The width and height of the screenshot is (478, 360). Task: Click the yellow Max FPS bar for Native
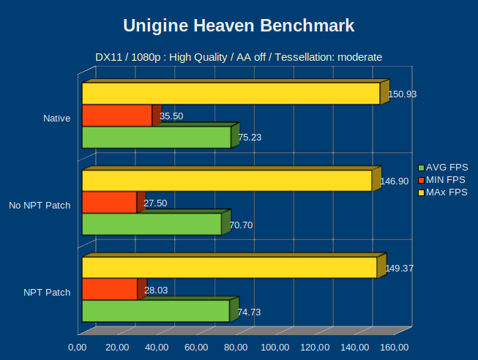pyautogui.click(x=231, y=94)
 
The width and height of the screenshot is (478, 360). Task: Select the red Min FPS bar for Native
pyautogui.click(x=117, y=116)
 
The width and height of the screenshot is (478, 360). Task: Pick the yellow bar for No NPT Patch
pyautogui.click(x=227, y=181)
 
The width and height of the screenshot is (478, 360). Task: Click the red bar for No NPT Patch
pyautogui.click(x=109, y=203)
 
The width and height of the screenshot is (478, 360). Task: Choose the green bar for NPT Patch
pyautogui.click(x=155, y=311)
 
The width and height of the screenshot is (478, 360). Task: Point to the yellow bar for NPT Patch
pyautogui.click(x=229, y=268)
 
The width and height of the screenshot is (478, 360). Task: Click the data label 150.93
pyautogui.click(x=402, y=94)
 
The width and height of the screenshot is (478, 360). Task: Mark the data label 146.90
pyautogui.click(x=394, y=181)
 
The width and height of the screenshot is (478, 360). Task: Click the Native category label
pyautogui.click(x=56, y=118)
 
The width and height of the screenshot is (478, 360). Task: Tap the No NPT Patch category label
pyautogui.click(x=40, y=205)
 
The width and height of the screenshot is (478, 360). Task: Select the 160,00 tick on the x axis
pyautogui.click(x=394, y=347)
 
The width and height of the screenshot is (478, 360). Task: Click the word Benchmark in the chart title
pyautogui.click(x=304, y=26)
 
